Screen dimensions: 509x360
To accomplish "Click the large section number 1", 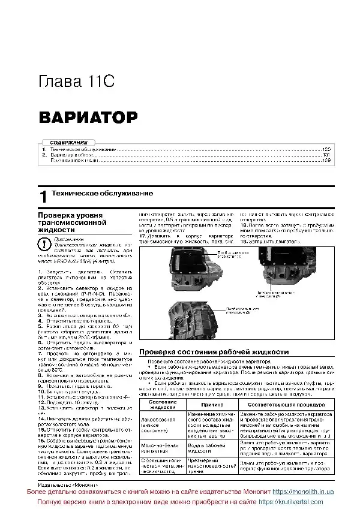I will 42,197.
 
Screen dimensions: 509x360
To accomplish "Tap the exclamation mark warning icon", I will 44,245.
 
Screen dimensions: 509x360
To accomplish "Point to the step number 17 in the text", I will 143,236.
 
